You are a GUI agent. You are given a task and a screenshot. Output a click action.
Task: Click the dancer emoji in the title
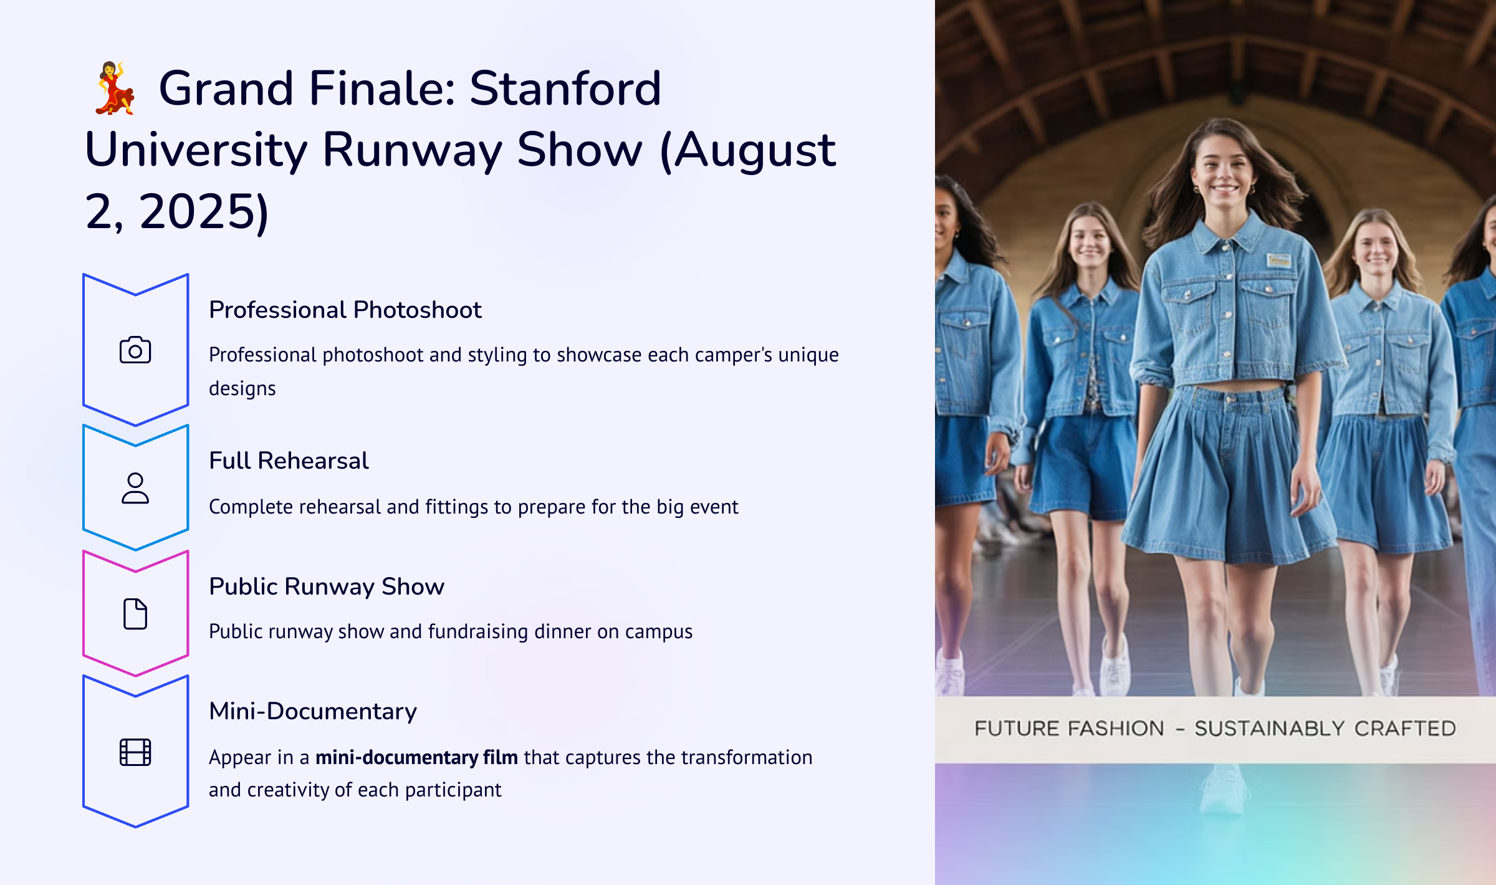(x=115, y=88)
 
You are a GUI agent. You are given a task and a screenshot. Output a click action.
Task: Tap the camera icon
(x=135, y=350)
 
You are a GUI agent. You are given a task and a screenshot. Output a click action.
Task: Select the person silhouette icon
(x=135, y=488)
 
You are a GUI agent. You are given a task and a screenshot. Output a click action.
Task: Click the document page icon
(x=135, y=614)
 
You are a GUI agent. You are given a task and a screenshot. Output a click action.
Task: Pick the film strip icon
(x=135, y=752)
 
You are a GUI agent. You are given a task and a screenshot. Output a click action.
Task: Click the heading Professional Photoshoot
(x=345, y=310)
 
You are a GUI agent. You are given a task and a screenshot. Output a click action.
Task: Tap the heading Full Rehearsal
(x=289, y=461)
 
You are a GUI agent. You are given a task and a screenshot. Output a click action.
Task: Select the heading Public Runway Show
(x=327, y=586)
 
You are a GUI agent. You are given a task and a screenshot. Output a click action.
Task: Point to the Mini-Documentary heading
(x=313, y=711)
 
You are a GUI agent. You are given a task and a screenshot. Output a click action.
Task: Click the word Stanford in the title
(x=565, y=88)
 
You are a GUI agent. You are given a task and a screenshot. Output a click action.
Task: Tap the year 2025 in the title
(x=195, y=211)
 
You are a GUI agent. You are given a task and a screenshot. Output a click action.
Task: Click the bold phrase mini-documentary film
(x=416, y=757)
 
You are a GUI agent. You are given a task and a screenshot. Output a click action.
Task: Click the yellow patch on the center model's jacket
(x=1278, y=260)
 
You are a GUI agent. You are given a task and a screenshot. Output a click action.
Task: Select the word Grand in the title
(x=226, y=88)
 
